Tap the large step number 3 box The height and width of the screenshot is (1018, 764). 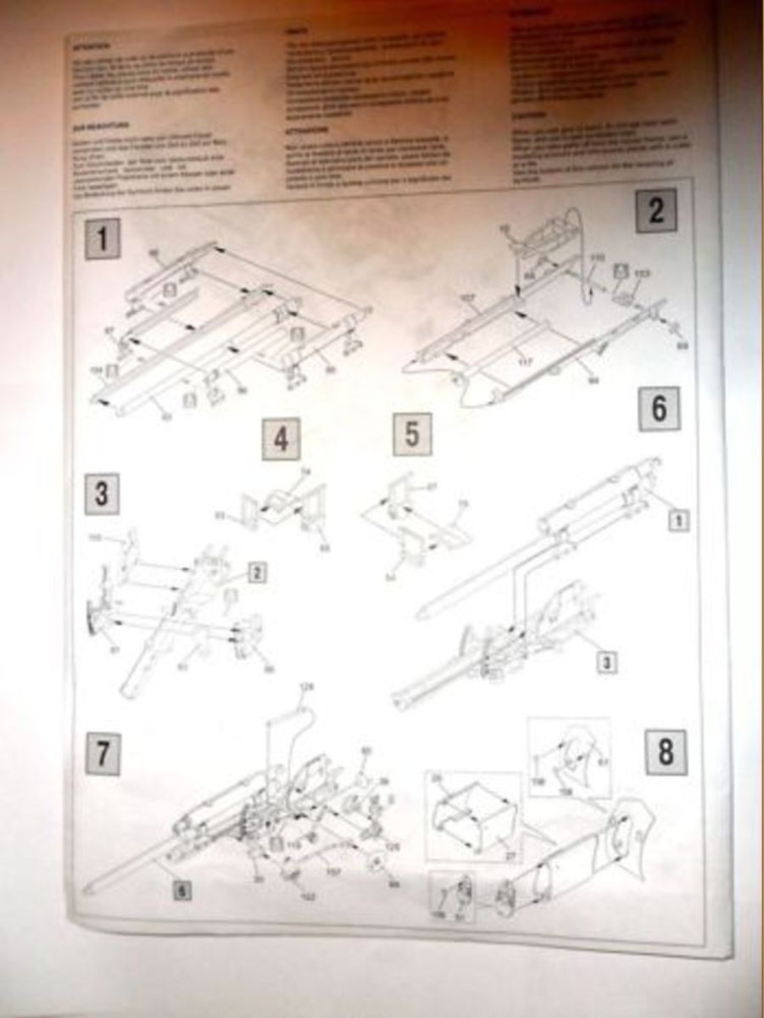point(102,494)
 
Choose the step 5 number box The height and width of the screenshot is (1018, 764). point(412,434)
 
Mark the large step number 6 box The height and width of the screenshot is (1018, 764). point(659,410)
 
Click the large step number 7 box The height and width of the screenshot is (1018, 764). point(101,754)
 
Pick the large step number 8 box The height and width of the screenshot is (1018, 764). point(665,752)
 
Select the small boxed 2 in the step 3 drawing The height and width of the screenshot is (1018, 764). point(255,573)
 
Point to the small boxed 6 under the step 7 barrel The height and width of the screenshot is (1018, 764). point(180,890)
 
